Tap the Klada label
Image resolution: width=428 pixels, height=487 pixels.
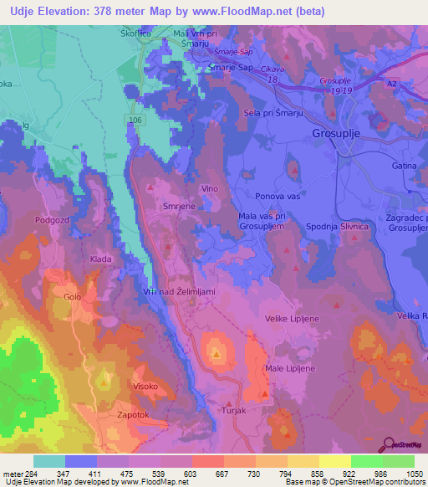(101, 259)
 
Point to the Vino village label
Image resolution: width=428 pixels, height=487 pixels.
(209, 188)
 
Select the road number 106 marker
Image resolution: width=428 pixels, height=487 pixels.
(136, 120)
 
